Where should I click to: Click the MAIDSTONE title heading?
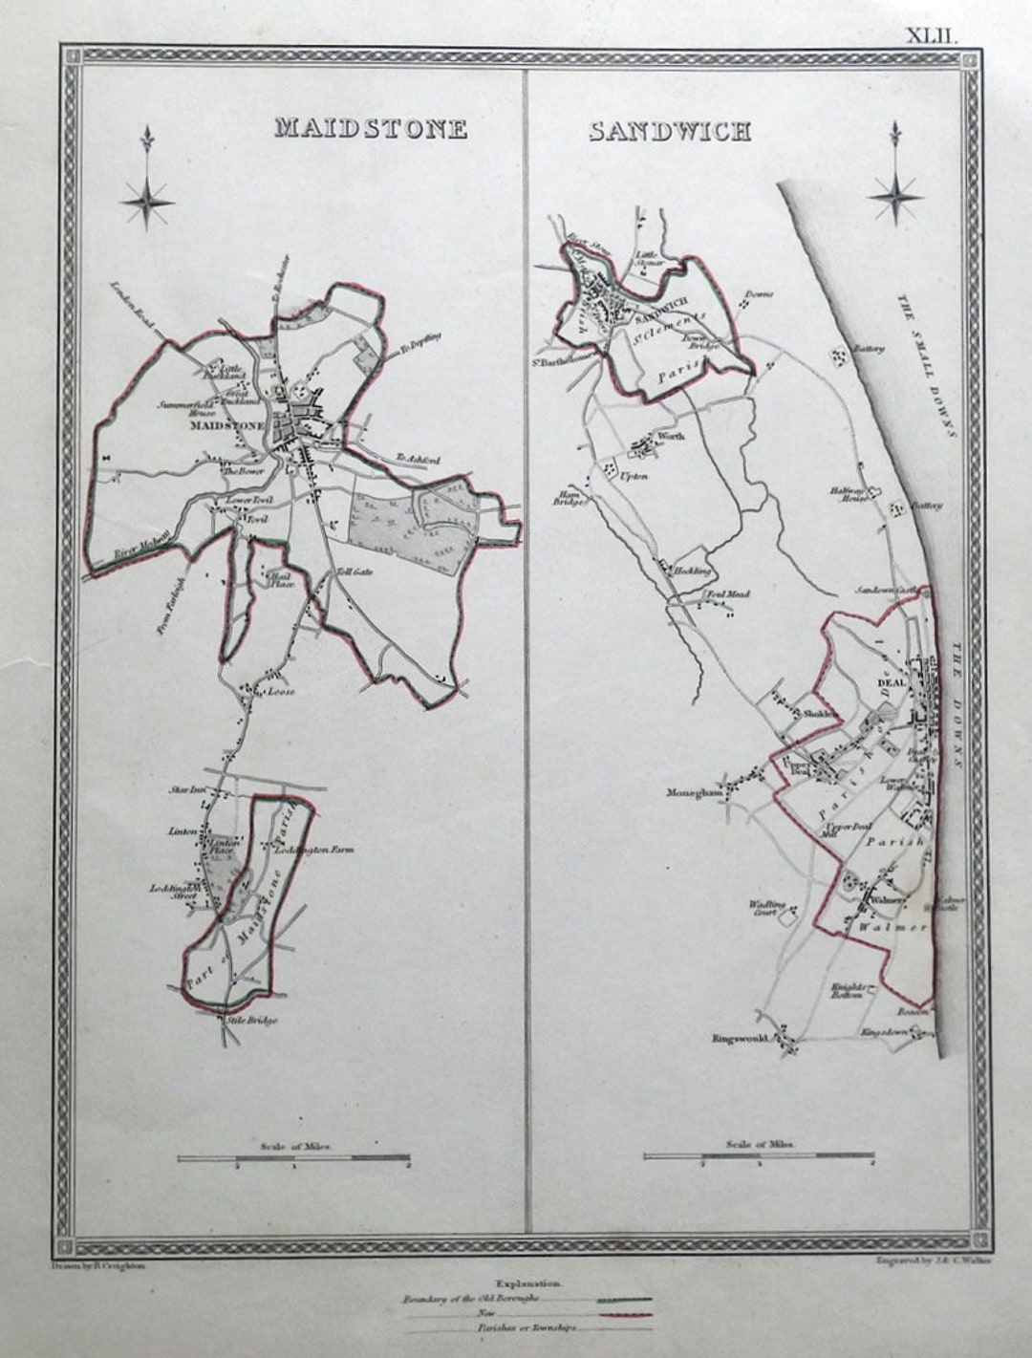(371, 128)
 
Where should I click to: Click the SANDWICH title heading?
(669, 132)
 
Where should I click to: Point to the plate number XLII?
(931, 36)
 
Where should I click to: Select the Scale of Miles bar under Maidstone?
(293, 1158)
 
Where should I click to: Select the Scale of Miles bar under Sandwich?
(759, 1155)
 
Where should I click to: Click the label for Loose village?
(281, 691)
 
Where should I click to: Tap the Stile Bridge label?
(251, 1021)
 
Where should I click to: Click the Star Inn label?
(188, 789)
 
